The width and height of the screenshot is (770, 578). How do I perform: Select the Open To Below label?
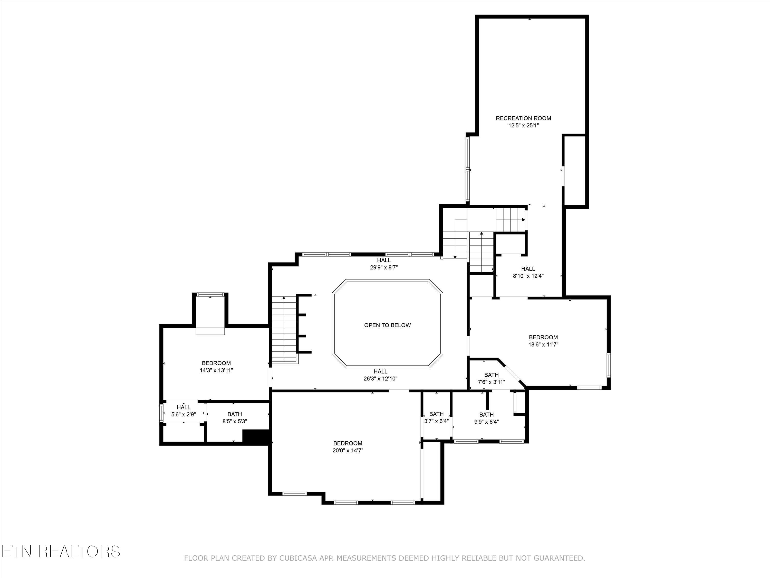pyautogui.click(x=387, y=325)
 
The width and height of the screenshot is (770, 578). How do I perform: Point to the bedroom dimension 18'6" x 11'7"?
pyautogui.click(x=543, y=344)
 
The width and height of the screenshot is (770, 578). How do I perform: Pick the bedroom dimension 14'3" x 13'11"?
pyautogui.click(x=216, y=370)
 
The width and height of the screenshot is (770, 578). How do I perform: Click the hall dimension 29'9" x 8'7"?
pyautogui.click(x=384, y=268)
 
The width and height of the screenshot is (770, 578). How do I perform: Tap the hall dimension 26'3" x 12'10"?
pyautogui.click(x=380, y=379)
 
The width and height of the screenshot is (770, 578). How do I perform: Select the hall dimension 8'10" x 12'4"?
pyautogui.click(x=528, y=276)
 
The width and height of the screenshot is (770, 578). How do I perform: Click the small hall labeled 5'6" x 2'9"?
pyautogui.click(x=184, y=415)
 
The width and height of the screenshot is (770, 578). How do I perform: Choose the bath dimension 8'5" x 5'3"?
pyautogui.click(x=235, y=421)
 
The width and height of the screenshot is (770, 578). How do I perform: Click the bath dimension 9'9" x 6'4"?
pyautogui.click(x=486, y=422)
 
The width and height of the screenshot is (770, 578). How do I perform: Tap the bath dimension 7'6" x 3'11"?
pyautogui.click(x=491, y=382)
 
